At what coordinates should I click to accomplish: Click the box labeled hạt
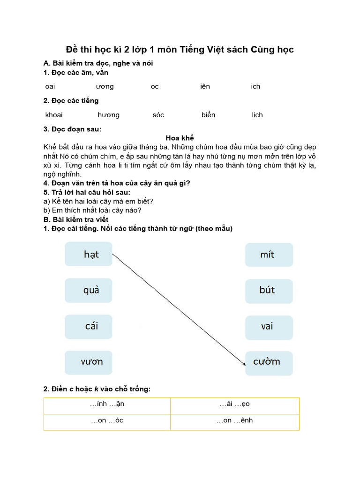[x=89, y=254]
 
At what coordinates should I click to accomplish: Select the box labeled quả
[x=89, y=290]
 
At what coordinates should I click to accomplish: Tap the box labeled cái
[x=89, y=326]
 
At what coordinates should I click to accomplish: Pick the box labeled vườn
[x=89, y=362]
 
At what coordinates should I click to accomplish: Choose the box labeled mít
[x=269, y=255]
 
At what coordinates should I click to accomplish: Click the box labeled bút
[x=269, y=291]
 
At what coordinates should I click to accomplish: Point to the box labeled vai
[x=269, y=327]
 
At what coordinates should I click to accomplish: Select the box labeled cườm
[x=269, y=362]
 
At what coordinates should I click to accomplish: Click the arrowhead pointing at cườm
[x=243, y=362]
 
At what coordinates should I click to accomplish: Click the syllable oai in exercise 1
[x=50, y=86]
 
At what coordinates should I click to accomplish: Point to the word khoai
[x=54, y=115]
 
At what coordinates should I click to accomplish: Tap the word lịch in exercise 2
[x=257, y=115]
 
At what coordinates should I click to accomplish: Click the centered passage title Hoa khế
[x=180, y=138]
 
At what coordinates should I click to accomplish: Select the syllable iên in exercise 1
[x=205, y=86]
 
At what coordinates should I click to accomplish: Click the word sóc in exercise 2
[x=158, y=115]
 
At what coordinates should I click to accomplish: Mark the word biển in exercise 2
[x=208, y=115]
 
